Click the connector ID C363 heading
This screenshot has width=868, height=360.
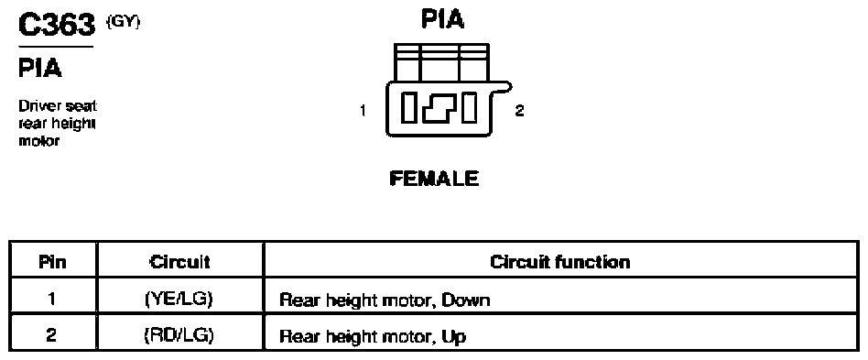coord(57,25)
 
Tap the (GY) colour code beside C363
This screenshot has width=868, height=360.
coord(123,22)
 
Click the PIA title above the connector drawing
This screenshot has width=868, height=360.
coord(443,19)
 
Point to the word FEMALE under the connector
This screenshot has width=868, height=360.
coord(434,179)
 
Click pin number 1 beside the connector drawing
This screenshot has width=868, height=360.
coord(363,111)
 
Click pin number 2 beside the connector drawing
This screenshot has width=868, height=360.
coord(519,110)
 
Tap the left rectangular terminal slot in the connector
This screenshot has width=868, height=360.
coord(410,108)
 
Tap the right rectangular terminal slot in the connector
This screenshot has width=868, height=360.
coord(470,108)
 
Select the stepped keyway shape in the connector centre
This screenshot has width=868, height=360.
coord(440,108)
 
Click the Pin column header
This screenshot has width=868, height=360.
coord(52,261)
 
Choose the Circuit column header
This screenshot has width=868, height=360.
coord(179,261)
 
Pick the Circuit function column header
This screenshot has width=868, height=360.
coord(560,261)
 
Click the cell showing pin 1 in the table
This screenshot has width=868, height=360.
coord(52,299)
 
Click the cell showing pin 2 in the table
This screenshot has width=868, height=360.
coord(52,335)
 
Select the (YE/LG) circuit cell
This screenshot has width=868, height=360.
coord(179,299)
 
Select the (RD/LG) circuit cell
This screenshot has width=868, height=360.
coord(179,335)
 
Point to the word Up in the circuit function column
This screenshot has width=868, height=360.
coord(454,337)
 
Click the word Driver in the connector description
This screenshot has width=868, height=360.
coord(38,105)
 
